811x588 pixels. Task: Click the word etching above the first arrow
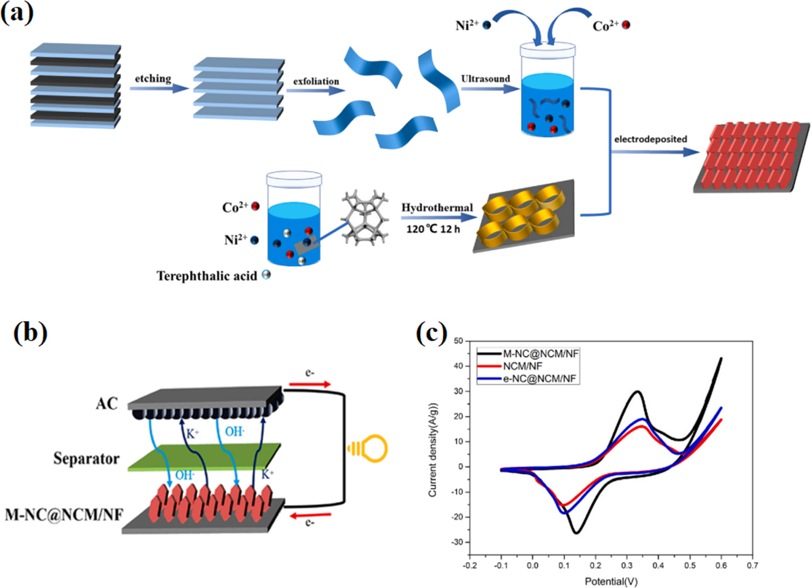point(153,79)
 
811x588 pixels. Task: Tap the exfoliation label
point(316,81)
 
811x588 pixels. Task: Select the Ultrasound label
point(485,79)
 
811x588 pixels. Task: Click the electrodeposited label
point(650,139)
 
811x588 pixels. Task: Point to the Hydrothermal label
point(437,208)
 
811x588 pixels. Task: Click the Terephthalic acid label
point(207,276)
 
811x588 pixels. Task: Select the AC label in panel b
point(106,404)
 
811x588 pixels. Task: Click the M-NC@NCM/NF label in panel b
point(64,514)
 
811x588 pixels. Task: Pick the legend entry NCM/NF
point(522,366)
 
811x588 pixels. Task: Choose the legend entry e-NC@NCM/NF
point(539,378)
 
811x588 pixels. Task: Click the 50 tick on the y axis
point(458,341)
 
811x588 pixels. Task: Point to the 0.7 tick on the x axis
point(752,565)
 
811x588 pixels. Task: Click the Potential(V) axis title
point(611,581)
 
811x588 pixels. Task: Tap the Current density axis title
point(432,450)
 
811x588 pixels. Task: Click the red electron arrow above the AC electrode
point(310,384)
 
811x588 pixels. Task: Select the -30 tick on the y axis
point(457,542)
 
